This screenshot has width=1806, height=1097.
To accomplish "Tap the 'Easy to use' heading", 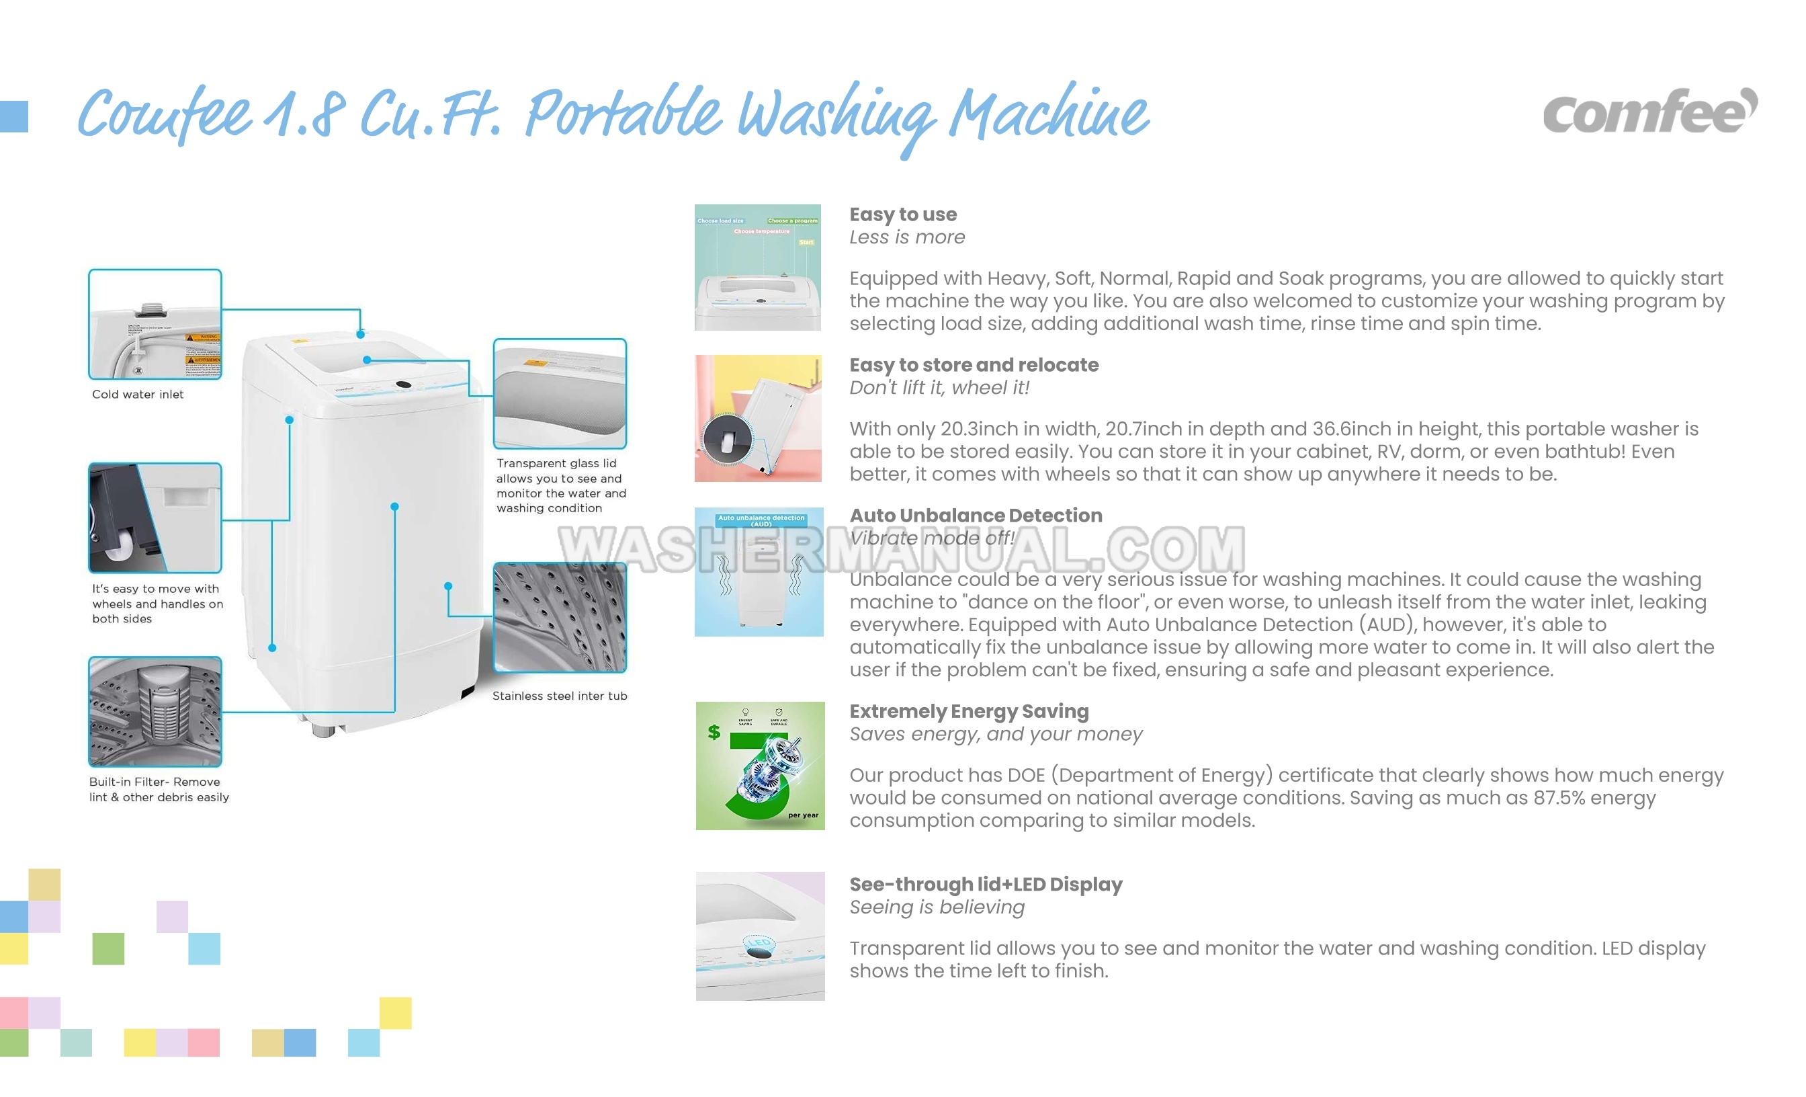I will (x=903, y=214).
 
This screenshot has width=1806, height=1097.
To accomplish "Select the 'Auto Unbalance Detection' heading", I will (x=976, y=516).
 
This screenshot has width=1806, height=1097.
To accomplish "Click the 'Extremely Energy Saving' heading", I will (x=969, y=711).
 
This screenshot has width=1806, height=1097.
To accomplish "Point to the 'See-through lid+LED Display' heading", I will (x=986, y=885).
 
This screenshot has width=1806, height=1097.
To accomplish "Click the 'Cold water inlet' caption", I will (x=138, y=395).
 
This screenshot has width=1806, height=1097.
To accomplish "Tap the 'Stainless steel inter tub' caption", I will (x=559, y=696).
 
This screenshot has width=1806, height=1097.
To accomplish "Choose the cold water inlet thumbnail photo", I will (x=155, y=324).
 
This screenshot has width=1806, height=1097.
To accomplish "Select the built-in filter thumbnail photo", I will (x=155, y=711).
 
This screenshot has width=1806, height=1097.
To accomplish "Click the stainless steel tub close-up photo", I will (x=560, y=618).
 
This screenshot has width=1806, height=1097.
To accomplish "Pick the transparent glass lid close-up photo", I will (x=560, y=394).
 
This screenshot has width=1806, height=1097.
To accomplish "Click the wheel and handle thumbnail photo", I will (x=155, y=518).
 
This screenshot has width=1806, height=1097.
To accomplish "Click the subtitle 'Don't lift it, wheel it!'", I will (x=939, y=388).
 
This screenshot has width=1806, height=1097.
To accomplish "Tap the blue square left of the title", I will (x=14, y=116).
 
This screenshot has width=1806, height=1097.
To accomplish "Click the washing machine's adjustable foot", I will (x=323, y=731).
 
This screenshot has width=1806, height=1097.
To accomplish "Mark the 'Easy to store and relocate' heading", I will (x=974, y=365).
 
